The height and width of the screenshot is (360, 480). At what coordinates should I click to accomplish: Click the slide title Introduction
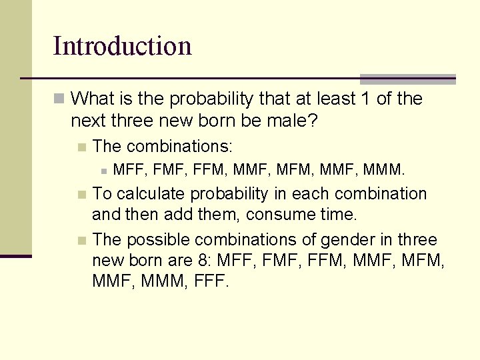click(122, 47)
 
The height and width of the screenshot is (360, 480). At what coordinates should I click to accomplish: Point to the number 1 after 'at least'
click(364, 99)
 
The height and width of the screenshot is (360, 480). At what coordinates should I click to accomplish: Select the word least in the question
click(332, 99)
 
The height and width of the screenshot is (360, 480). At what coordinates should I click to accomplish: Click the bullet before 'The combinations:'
click(81, 147)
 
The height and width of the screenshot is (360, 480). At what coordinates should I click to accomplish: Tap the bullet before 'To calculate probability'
click(81, 195)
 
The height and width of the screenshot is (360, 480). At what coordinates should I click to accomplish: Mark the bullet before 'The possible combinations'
click(81, 240)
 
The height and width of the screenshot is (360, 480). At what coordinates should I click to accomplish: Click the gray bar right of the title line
click(407, 79)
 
